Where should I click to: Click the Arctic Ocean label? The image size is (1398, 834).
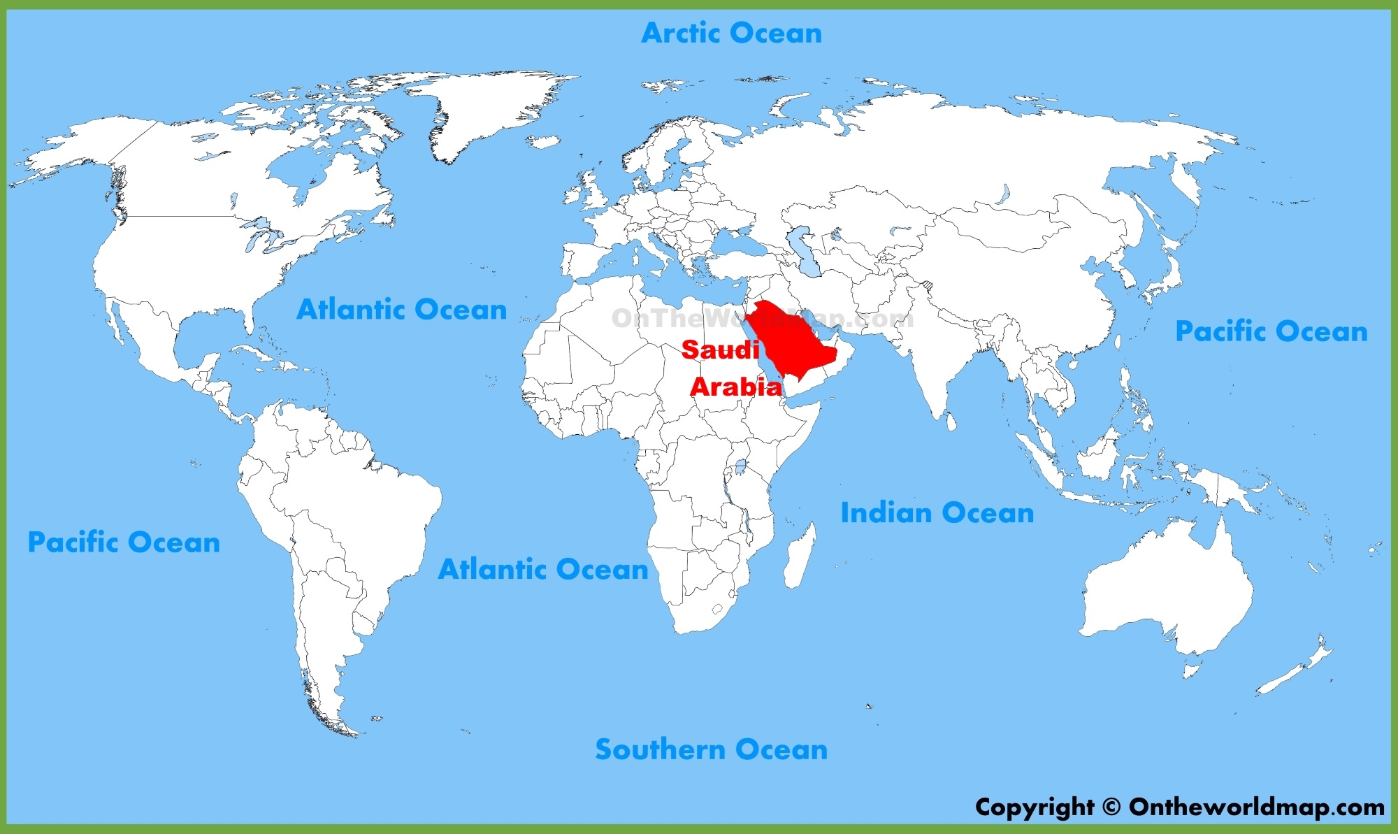(731, 33)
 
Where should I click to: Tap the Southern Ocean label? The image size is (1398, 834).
(711, 749)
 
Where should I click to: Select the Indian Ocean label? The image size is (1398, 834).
(937, 513)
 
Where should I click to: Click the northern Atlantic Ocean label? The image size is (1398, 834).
(401, 310)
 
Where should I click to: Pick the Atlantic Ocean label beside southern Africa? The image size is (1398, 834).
(543, 570)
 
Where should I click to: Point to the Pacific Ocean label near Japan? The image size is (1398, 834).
(1271, 331)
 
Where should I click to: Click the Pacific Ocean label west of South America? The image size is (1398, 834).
(124, 542)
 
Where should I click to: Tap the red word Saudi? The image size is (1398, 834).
(720, 350)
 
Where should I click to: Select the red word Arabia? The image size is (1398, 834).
(736, 387)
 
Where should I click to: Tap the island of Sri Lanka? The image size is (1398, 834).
(951, 422)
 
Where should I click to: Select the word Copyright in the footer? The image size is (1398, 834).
(1035, 807)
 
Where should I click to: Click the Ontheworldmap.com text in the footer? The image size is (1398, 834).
(1256, 807)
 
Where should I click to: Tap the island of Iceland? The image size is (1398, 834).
(543, 142)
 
